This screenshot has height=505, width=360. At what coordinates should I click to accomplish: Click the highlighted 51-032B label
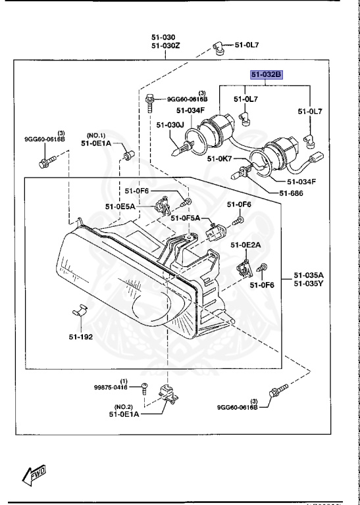[265, 76]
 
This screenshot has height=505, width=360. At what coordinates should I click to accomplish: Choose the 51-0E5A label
[120, 206]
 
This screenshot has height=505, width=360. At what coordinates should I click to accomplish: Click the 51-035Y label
[309, 283]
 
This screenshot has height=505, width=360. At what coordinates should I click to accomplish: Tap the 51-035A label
[309, 275]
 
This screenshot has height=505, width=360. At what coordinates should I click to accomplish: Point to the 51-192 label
[78, 336]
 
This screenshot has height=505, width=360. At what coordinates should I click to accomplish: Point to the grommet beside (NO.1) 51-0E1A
[128, 155]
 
